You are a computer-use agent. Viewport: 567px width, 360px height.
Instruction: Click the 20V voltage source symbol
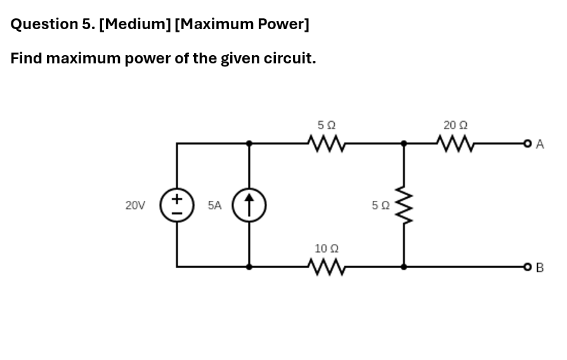point(177,205)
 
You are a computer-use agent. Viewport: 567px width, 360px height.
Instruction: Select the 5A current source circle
point(249,205)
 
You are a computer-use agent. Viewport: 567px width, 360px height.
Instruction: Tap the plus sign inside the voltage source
point(177,198)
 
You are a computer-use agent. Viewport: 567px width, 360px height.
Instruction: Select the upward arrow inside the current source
point(249,205)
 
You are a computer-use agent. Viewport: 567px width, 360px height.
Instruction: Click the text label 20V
point(135,205)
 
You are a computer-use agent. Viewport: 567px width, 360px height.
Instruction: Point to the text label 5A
point(215,205)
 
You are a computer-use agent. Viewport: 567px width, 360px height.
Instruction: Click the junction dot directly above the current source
point(249,143)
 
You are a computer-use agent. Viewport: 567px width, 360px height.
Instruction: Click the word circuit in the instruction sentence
point(291,59)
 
